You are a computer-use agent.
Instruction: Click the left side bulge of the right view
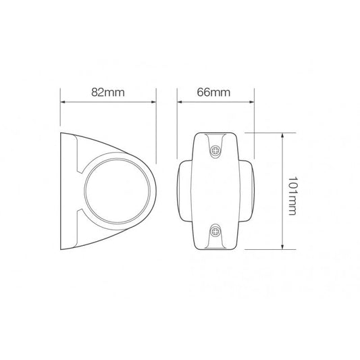pos(181,191)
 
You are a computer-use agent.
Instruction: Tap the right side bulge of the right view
pos(251,191)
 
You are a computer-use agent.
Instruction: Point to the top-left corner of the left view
pos(62,133)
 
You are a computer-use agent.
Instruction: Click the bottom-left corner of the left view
pos(62,249)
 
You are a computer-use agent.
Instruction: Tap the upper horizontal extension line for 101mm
pos(260,132)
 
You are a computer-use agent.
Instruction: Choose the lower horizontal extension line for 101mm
pos(260,249)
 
